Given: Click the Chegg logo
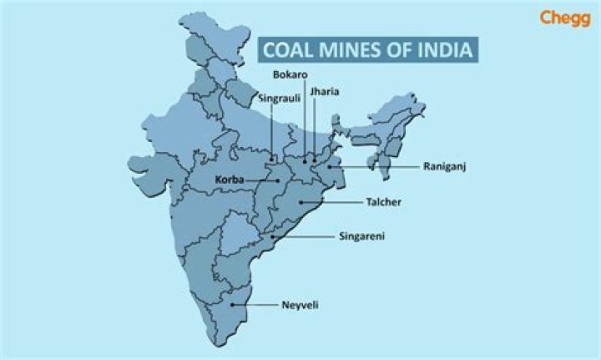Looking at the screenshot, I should coord(565,18).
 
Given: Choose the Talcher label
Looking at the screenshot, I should coord(385,202).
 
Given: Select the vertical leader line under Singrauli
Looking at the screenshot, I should coord(275,130).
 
